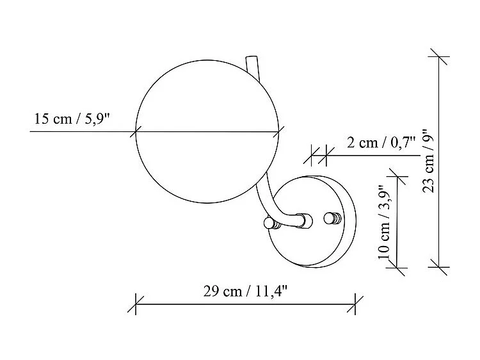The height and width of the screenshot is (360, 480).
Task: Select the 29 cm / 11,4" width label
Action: (x=246, y=291)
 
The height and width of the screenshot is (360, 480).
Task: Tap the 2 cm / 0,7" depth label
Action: (x=381, y=142)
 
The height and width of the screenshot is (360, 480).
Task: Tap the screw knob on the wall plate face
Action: (x=332, y=218)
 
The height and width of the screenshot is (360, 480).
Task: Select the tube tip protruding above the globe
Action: (x=250, y=63)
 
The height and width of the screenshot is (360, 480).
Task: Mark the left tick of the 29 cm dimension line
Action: (x=136, y=304)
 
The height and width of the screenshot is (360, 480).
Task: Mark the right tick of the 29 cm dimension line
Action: (x=355, y=304)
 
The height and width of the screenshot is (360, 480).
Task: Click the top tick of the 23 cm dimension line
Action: (x=438, y=56)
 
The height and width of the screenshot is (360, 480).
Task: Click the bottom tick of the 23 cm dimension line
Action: (x=438, y=266)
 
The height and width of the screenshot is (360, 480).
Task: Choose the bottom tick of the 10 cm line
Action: (x=398, y=267)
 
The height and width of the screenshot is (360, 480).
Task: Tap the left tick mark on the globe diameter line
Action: (x=134, y=133)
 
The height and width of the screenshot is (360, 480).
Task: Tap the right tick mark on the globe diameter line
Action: (x=279, y=133)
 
